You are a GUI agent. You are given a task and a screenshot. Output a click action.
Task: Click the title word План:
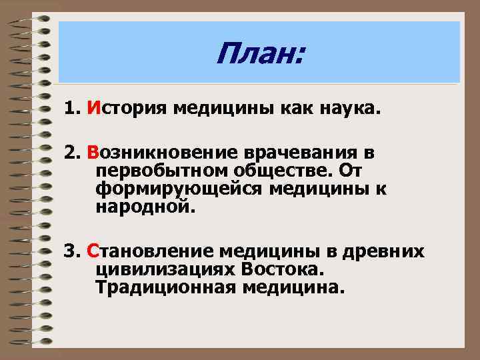click(259, 54)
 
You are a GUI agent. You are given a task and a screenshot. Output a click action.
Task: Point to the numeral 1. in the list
click(72, 108)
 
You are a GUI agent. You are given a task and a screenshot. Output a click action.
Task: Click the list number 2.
click(72, 154)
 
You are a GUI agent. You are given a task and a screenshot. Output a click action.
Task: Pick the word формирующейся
click(179, 190)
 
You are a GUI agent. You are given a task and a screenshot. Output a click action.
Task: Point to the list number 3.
click(72, 252)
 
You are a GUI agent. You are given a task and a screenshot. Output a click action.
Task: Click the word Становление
click(150, 252)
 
